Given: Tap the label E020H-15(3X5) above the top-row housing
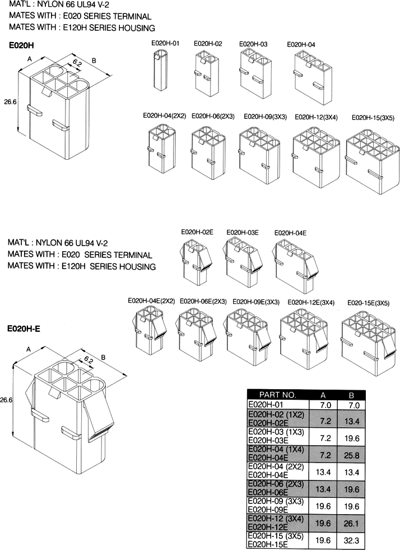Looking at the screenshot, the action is [x=373, y=118].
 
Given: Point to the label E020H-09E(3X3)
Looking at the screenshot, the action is [x=256, y=302].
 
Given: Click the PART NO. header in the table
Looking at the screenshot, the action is [x=278, y=395].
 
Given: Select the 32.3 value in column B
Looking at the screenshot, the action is [x=352, y=540].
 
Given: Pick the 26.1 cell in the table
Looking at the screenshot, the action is [x=352, y=523].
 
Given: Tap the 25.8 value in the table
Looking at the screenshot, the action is [x=352, y=455].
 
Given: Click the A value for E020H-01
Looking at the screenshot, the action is [x=325, y=405].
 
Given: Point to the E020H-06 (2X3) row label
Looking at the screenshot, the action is [x=276, y=484].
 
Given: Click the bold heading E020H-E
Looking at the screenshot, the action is [x=24, y=329].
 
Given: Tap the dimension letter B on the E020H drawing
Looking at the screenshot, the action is [x=94, y=61].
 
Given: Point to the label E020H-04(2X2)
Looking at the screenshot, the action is [x=164, y=116].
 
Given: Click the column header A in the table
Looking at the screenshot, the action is [x=323, y=395].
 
